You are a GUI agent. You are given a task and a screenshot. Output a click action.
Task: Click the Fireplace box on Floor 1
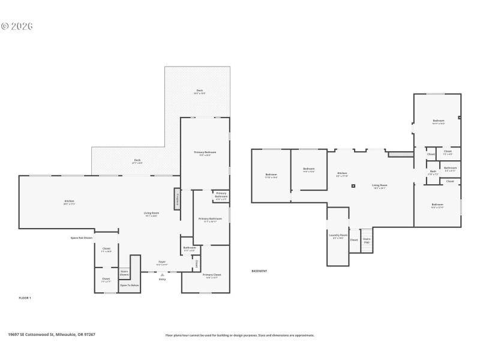tap(178, 200)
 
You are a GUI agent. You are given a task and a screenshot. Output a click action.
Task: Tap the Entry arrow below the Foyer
tap(162, 275)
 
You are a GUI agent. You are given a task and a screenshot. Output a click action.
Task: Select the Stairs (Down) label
tap(124, 273)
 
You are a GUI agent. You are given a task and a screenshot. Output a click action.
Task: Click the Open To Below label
tap(129, 285)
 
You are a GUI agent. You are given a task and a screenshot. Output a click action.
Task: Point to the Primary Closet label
tap(205, 276)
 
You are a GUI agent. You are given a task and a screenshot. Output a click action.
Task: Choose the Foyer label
tap(162, 262)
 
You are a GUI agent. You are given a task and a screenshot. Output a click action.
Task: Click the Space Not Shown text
tap(81, 238)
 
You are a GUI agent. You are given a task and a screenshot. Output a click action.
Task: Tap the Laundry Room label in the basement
tap(338, 236)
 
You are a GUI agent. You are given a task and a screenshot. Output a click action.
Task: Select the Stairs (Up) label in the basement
tap(367, 239)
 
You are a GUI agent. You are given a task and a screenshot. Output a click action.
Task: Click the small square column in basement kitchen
tap(353, 186)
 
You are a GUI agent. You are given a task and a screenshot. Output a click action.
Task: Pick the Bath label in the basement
tap(433, 172)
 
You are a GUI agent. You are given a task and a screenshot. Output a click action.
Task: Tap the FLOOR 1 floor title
tap(25, 298)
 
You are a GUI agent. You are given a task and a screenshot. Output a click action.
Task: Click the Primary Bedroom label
tap(205, 153)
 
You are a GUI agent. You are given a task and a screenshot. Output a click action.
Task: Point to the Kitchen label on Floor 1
tap(70, 202)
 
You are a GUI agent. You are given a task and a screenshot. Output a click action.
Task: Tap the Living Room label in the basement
tap(379, 186)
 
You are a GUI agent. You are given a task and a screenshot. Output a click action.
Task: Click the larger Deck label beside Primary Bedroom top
tap(199, 91)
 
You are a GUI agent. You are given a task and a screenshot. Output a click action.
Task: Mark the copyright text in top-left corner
tap(17, 26)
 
